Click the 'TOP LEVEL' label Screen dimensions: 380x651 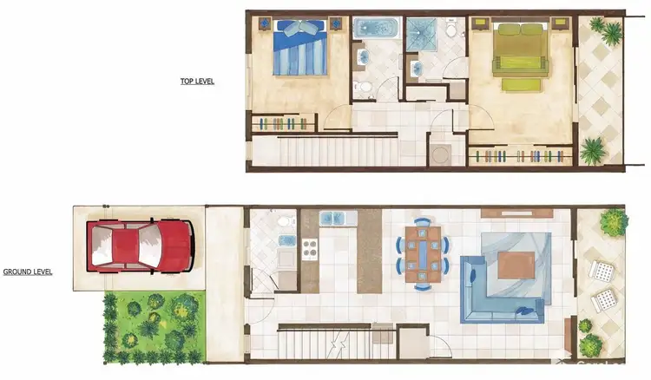click(x=196, y=82)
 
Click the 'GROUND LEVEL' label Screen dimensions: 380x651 click(x=28, y=272)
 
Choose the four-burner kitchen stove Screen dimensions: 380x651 click(x=310, y=249)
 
